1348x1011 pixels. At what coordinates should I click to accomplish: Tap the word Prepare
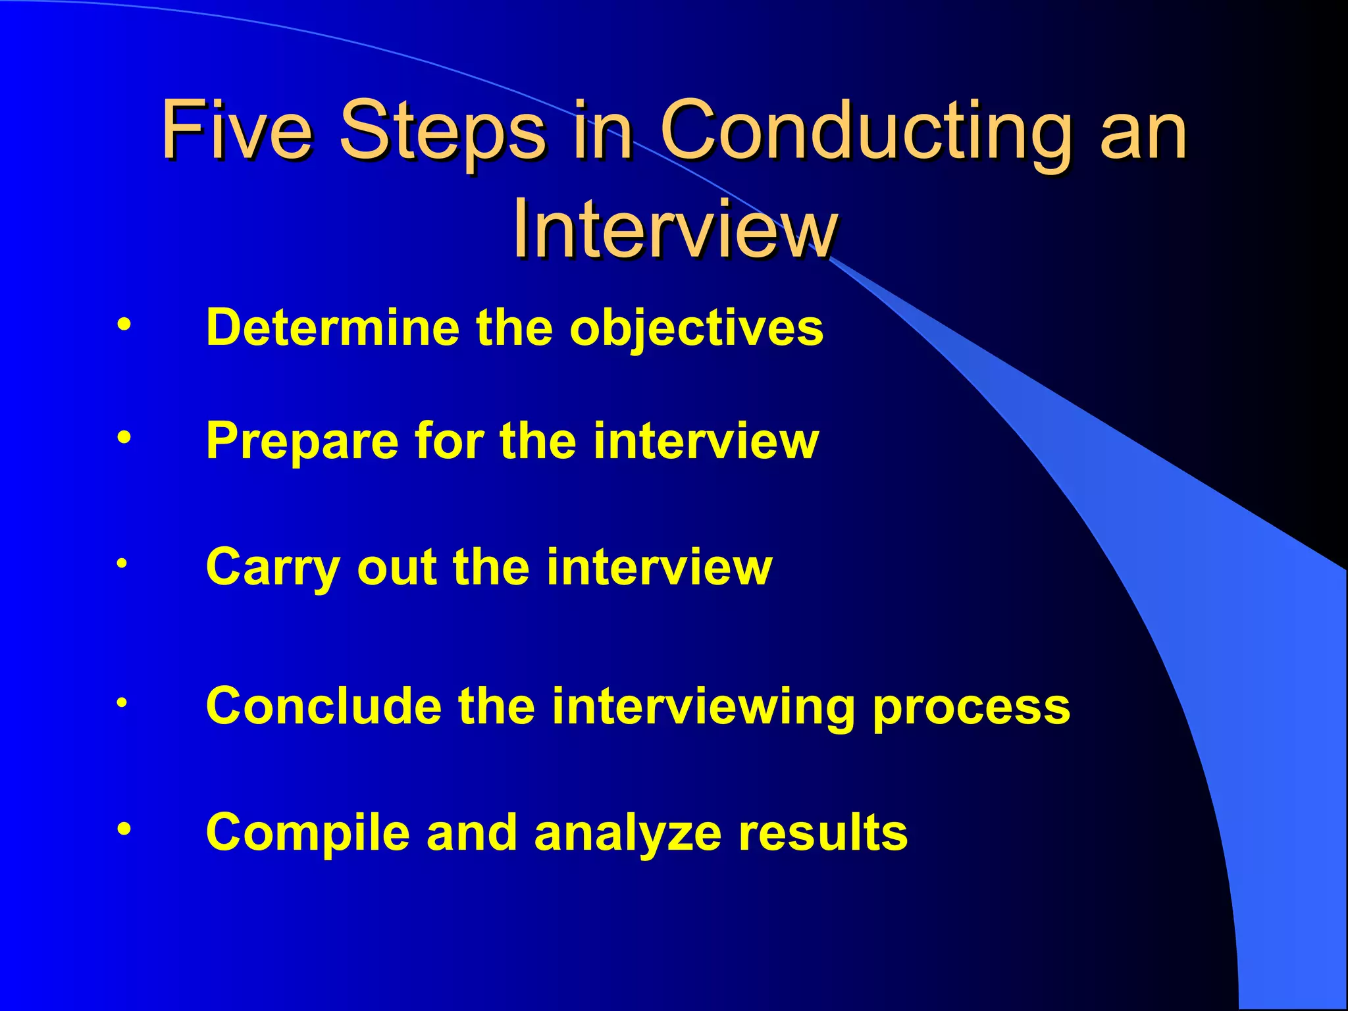click(x=302, y=440)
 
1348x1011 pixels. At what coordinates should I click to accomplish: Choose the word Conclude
click(x=323, y=706)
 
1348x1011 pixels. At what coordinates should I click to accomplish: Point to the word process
click(x=972, y=706)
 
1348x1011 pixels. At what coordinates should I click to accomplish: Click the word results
click(x=823, y=832)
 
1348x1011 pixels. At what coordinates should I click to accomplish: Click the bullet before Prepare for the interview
click(x=124, y=437)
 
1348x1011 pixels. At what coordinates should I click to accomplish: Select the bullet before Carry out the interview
click(x=122, y=563)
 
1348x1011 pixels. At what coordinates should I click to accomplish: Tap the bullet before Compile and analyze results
click(x=124, y=829)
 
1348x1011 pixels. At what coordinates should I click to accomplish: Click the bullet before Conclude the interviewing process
click(x=122, y=702)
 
